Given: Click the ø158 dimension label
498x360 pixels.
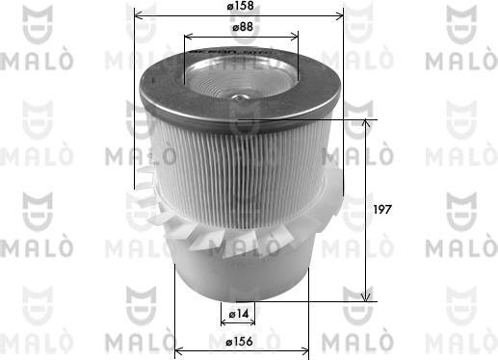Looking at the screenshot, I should tap(240, 9).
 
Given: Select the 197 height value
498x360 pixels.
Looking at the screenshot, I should tap(383, 208).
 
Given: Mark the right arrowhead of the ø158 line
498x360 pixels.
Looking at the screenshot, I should tap(340, 16).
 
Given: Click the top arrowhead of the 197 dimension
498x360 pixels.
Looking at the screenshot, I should tap(366, 123).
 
